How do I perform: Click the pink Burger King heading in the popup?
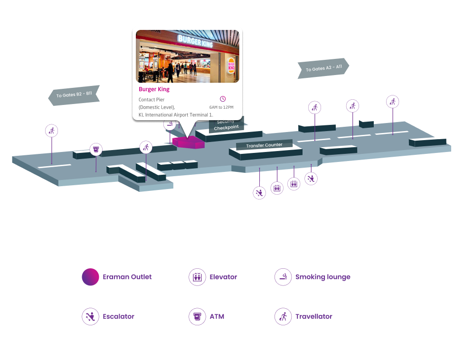154,89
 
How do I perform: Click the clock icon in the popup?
223,99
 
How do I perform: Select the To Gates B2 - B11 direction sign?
74,95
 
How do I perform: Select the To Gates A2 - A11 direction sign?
323,68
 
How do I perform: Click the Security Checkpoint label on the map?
226,125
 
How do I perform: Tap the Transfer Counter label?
264,145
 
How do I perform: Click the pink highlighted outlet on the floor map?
188,142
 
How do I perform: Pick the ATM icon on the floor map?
96,150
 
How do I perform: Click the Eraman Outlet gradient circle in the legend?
90,277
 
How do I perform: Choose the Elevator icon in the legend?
197,277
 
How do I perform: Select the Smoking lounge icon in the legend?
283,277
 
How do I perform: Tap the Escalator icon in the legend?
90,316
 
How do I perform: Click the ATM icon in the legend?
197,316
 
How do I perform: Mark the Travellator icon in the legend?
283,316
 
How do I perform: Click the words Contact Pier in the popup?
152,100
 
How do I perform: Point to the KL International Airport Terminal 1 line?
176,115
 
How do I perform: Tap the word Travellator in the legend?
313,316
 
